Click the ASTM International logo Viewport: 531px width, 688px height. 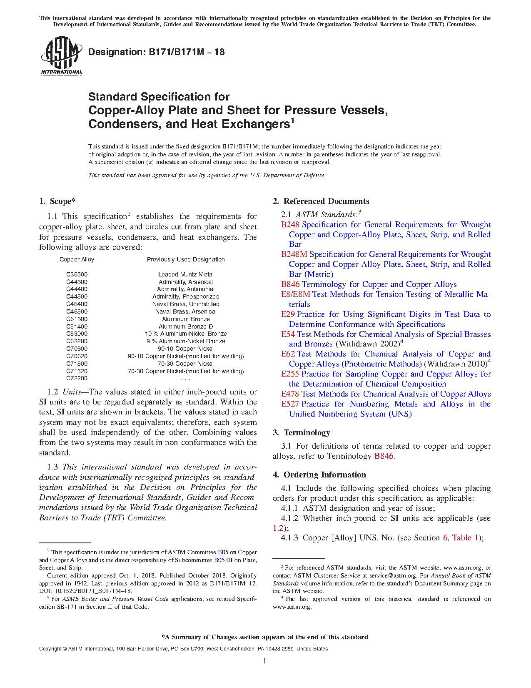pyautogui.click(x=61, y=55)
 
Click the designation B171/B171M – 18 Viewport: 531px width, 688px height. pyautogui.click(x=157, y=52)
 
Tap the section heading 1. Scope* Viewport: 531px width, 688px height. pyautogui.click(x=57, y=201)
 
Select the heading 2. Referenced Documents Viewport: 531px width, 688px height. pyautogui.click(x=321, y=201)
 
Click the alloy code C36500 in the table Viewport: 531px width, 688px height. pyautogui.click(x=77, y=274)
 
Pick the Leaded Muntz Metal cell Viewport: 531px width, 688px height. pyautogui.click(x=186, y=274)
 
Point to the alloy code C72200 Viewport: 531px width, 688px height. pyautogui.click(x=77, y=379)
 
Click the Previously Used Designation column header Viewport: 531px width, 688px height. pyautogui.click(x=186, y=259)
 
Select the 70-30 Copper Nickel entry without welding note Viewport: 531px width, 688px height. pyautogui.click(x=186, y=364)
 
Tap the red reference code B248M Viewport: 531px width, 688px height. pyautogui.click(x=294, y=254)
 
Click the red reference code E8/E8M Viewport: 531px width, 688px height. pyautogui.click(x=295, y=294)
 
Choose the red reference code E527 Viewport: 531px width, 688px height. pyautogui.click(x=290, y=404)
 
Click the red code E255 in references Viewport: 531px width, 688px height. pyautogui.click(x=290, y=374)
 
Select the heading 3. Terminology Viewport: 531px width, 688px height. pyautogui.click(x=302, y=433)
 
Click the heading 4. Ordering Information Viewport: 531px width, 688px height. pyautogui.click(x=319, y=475)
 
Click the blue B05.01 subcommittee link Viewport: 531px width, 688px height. pyautogui.click(x=223, y=560)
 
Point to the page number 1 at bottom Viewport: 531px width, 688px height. pyautogui.click(x=265, y=661)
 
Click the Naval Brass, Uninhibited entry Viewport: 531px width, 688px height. pyautogui.click(x=186, y=304)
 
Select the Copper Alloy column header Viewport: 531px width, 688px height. pyautogui.click(x=77, y=259)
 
